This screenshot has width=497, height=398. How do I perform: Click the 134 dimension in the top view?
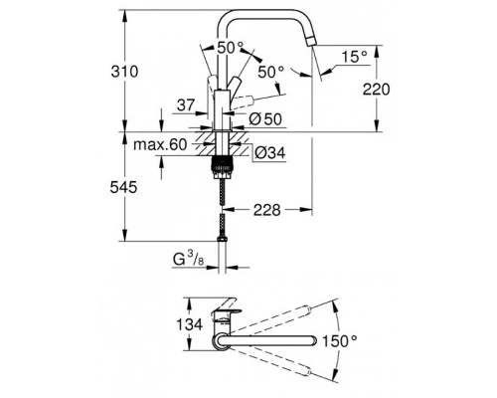tap(189, 323)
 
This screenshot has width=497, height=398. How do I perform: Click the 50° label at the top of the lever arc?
tap(229, 47)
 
